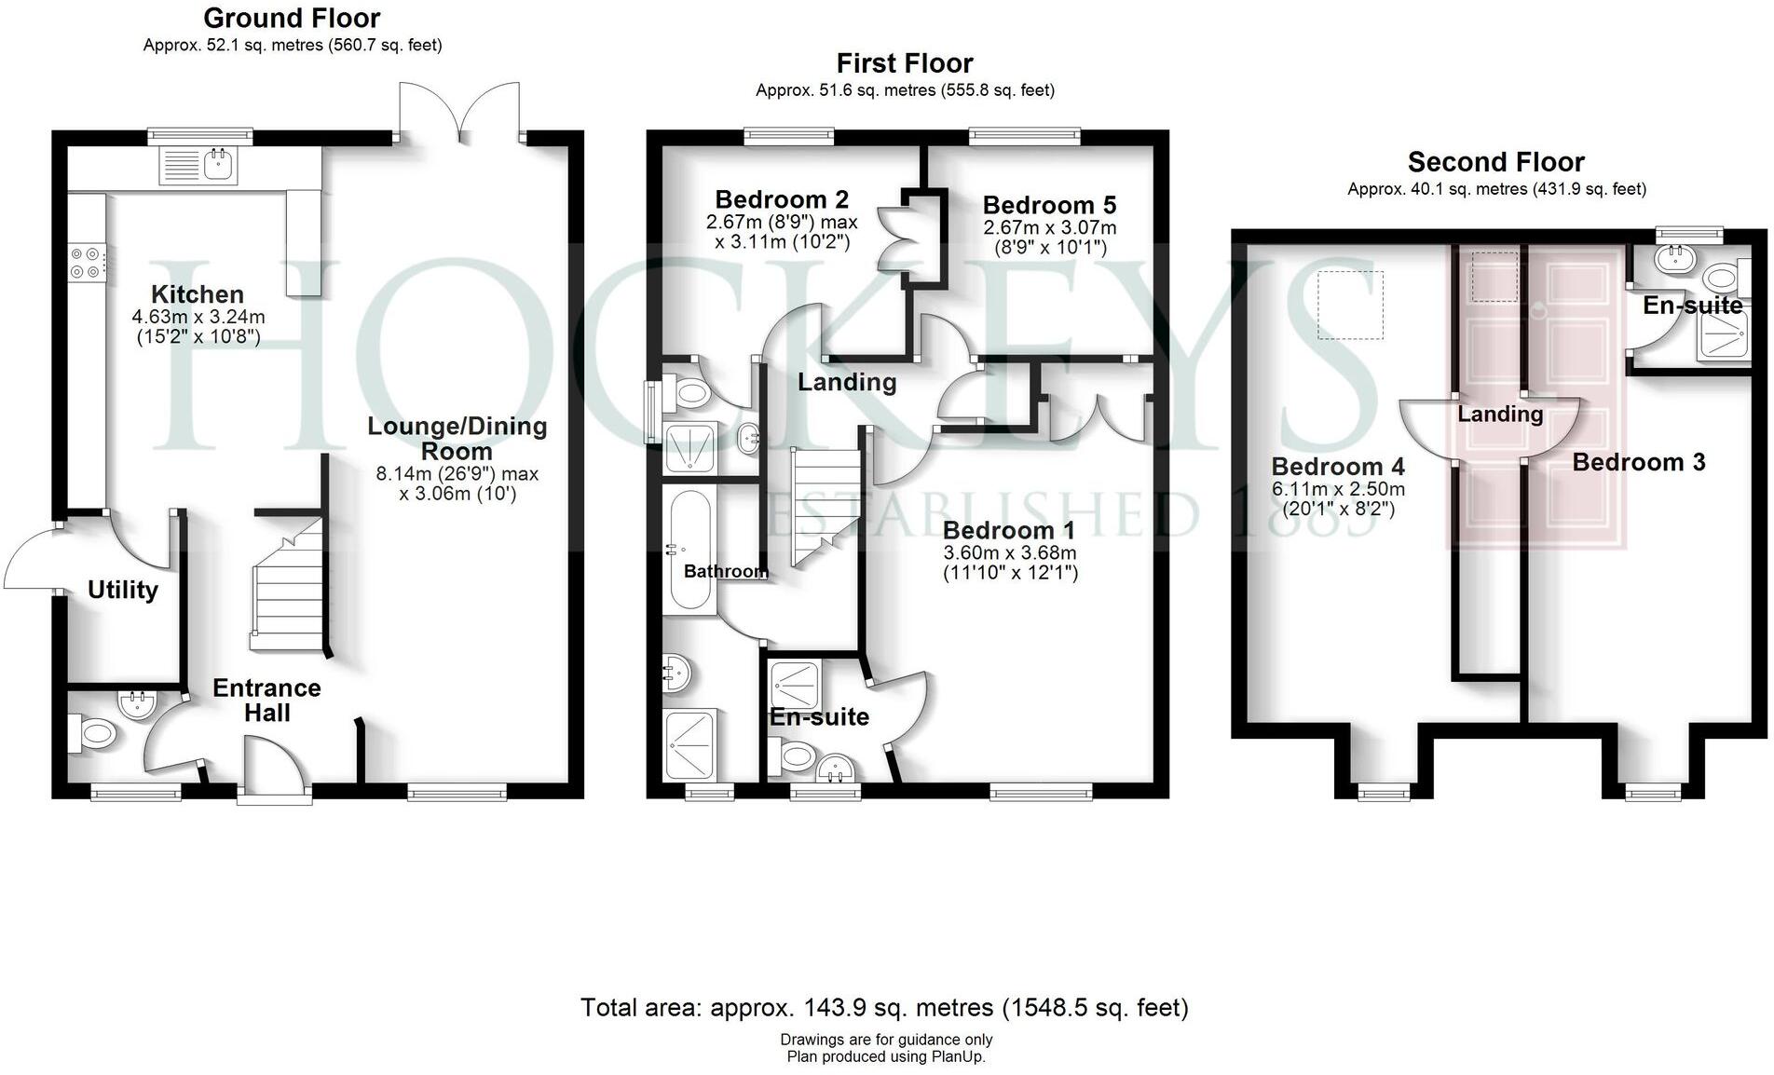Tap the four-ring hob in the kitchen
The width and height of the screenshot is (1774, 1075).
[x=86, y=262]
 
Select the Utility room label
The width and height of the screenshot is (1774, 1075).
[x=123, y=590]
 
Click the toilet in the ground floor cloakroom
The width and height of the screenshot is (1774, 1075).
[x=93, y=733]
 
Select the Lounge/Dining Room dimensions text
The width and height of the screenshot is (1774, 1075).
[x=457, y=483]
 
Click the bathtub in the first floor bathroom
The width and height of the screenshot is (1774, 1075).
[x=689, y=550]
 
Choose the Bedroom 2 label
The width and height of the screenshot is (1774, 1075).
[x=782, y=199]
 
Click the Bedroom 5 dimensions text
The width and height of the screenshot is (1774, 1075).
[x=1049, y=238]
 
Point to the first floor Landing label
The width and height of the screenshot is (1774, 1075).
[x=846, y=382]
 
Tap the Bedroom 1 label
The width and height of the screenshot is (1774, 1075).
[x=1008, y=530]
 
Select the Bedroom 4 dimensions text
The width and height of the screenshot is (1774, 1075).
[x=1338, y=499]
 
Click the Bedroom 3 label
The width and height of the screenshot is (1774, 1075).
[x=1638, y=462]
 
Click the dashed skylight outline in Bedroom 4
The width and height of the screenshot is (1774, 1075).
[x=1350, y=306]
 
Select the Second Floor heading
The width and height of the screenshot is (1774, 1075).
[x=1495, y=162]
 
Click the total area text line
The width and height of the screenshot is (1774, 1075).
[x=884, y=1007]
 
